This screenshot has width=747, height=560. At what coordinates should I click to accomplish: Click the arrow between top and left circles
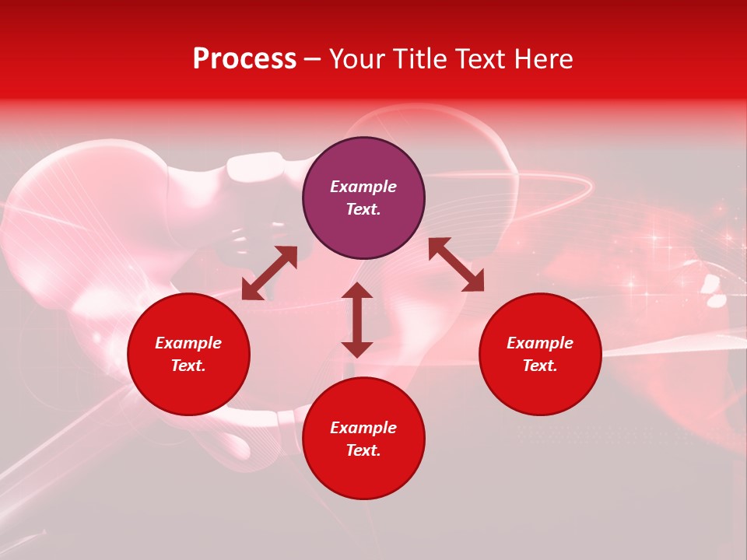[x=269, y=273]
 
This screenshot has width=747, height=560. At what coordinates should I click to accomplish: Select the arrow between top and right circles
[x=456, y=264]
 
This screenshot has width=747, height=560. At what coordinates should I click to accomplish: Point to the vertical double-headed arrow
[x=357, y=320]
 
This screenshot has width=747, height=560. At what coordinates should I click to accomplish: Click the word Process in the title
[x=244, y=59]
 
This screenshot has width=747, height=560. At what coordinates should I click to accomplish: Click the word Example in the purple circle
[x=363, y=187]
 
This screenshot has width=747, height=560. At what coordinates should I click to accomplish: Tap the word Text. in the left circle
[x=188, y=366]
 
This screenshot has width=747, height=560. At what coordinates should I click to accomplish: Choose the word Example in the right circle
[x=540, y=343]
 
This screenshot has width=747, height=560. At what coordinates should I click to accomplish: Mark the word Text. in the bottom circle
[x=363, y=450]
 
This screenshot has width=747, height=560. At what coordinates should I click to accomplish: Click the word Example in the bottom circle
[x=363, y=428]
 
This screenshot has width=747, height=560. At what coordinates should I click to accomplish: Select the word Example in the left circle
[x=188, y=343]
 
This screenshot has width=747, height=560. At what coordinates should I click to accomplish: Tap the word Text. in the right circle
[x=540, y=366]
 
